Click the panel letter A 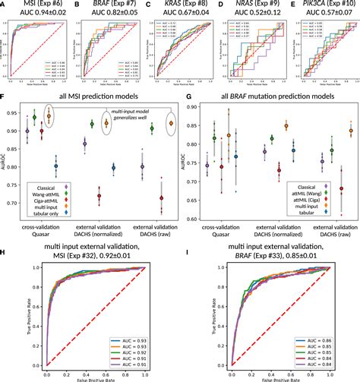tap(5, 5)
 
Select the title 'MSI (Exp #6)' tap(39, 5)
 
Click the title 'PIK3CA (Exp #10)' tap(324, 5)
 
